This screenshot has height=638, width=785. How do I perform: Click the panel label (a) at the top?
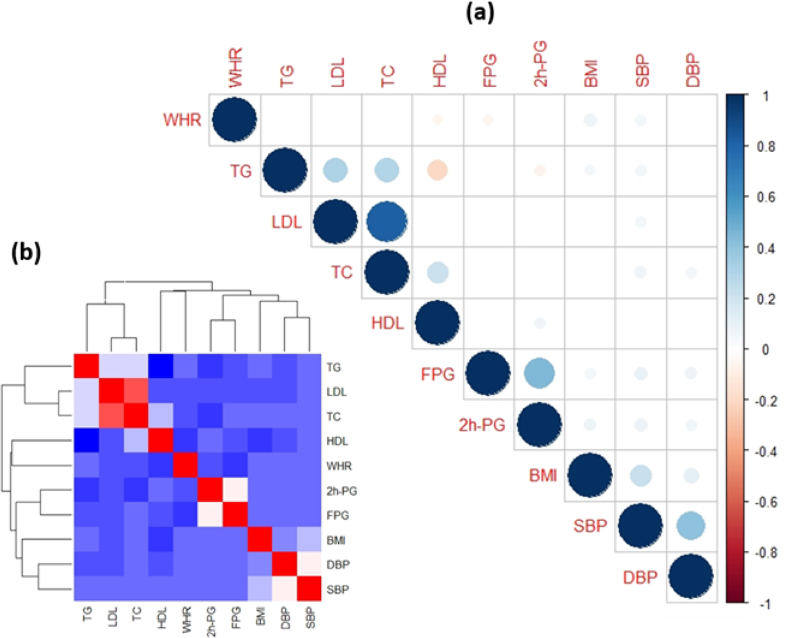479,12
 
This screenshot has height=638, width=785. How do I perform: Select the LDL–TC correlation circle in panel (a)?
386,222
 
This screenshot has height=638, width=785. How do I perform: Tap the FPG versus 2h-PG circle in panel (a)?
539,374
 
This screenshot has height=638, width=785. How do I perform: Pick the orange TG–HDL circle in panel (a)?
437,171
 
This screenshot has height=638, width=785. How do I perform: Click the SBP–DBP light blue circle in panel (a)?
691,526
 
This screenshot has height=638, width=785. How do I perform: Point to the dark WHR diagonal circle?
234,120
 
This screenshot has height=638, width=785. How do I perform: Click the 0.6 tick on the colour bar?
766,198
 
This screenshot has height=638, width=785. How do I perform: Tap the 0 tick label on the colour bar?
766,350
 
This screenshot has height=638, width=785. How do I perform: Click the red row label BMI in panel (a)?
543,476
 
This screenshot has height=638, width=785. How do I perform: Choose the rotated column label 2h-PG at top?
540,64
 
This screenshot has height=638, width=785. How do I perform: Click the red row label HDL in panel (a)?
388,323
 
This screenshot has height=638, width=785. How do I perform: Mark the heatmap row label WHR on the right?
339,467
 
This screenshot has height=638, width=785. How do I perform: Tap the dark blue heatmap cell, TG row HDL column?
161,366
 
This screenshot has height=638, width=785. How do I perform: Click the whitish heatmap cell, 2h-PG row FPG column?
235,490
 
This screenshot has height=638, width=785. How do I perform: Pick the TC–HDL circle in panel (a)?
437,273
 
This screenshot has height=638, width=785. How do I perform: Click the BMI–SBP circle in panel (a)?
640,475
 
